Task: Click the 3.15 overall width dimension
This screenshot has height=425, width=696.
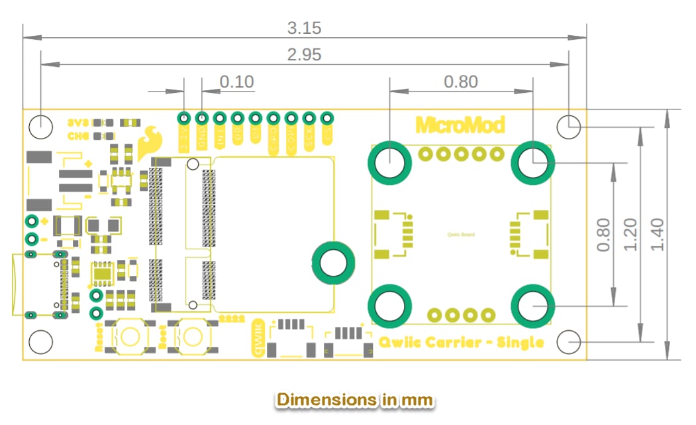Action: (304, 28)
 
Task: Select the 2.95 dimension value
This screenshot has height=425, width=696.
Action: (304, 54)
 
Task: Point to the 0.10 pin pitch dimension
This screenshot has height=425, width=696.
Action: (236, 82)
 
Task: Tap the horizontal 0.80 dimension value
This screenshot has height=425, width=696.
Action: (461, 82)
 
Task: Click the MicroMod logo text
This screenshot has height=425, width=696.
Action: (460, 125)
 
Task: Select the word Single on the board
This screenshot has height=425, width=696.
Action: (521, 342)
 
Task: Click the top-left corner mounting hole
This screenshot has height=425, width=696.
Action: (41, 126)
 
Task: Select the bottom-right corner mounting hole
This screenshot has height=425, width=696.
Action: (569, 342)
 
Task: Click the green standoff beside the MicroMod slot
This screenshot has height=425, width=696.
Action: (331, 261)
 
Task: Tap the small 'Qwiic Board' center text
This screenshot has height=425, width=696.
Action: (461, 234)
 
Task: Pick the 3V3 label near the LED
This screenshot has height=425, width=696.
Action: (79, 123)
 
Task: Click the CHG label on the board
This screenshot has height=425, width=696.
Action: (79, 136)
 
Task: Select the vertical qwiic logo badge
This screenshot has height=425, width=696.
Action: (258, 338)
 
